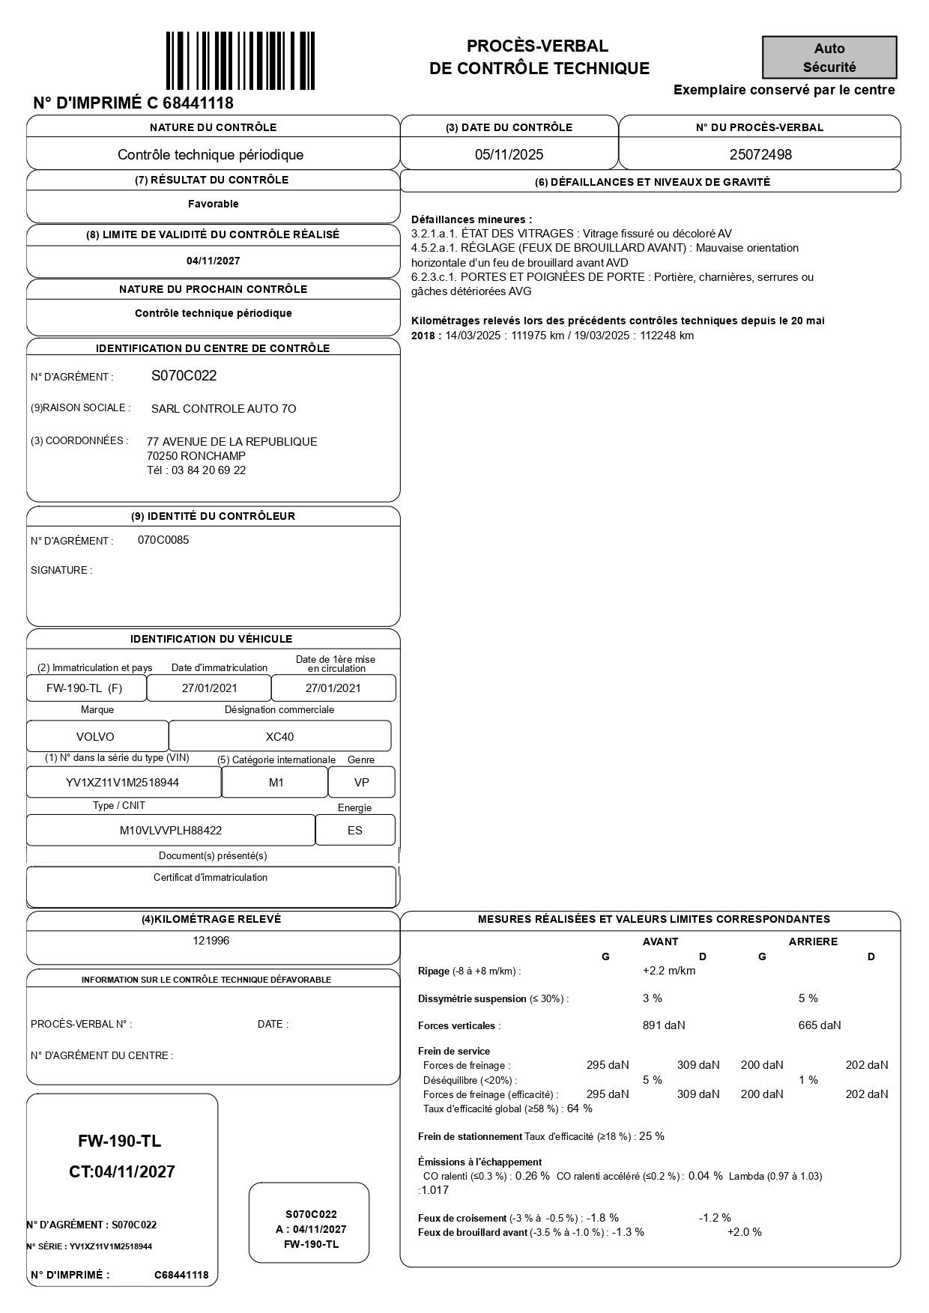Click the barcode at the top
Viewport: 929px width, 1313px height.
[x=240, y=60]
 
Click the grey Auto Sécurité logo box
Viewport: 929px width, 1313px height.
[x=829, y=58]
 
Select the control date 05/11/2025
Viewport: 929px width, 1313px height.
[x=509, y=155]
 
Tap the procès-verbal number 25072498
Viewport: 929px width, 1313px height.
[x=760, y=155]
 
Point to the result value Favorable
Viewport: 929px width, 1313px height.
[x=214, y=204]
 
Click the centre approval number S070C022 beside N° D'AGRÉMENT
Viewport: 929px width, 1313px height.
[x=184, y=376]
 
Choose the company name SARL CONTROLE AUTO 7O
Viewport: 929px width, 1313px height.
[x=223, y=409]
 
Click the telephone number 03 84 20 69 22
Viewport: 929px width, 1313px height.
[x=208, y=470]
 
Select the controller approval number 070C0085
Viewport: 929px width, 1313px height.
[x=163, y=540]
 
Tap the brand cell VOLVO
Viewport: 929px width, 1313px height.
[x=96, y=736]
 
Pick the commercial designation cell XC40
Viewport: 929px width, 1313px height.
[x=279, y=736]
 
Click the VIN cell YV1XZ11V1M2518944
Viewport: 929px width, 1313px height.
[x=123, y=783]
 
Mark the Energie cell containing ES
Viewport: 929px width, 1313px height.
[x=354, y=830]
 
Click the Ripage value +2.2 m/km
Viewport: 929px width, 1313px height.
[x=669, y=971]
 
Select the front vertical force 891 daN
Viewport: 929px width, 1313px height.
[x=664, y=1025]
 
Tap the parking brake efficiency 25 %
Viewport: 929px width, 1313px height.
[x=652, y=1136]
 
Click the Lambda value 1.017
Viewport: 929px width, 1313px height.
[x=435, y=1190]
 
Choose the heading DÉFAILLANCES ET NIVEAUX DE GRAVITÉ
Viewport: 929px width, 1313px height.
[x=652, y=182]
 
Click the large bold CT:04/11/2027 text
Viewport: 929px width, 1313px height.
[x=122, y=1172]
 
